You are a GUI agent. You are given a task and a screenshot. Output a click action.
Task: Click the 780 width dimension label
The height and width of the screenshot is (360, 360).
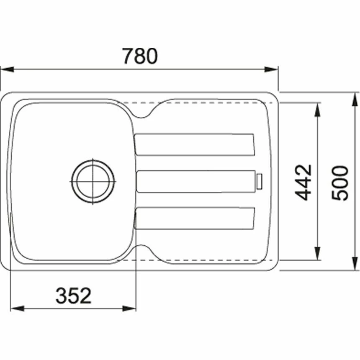(x=140, y=57)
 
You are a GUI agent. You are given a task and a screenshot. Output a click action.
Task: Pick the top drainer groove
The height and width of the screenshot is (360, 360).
(x=194, y=144)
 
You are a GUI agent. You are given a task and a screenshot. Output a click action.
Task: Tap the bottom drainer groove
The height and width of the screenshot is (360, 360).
(x=194, y=219)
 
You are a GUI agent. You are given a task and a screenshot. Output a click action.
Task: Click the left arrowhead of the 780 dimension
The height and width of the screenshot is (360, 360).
(x=6, y=69)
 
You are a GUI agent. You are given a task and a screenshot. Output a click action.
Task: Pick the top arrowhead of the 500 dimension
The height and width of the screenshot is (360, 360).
(x=354, y=99)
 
